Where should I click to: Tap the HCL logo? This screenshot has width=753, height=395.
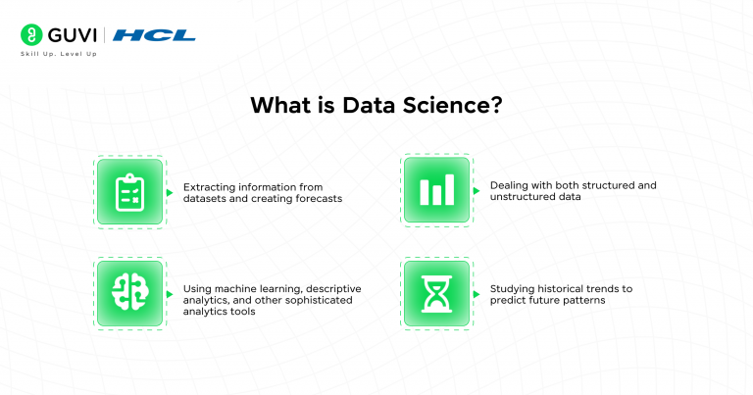coord(154,36)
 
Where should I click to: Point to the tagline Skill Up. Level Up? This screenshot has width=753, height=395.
coord(59,53)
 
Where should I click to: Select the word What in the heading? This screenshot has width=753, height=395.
coord(278,105)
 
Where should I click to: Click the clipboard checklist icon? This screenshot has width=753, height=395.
coord(129,191)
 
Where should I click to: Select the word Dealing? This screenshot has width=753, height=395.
coord(511,185)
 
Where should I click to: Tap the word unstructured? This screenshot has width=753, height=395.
coord(526,197)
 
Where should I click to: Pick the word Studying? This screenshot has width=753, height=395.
coord(515,289)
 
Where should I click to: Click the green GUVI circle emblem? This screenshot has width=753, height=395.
coord(30,36)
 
